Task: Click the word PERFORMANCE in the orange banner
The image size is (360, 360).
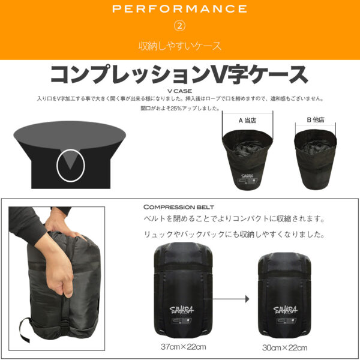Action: (x=179, y=9)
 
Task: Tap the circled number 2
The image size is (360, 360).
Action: (x=180, y=26)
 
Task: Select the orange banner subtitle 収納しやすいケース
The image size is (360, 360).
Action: (x=180, y=46)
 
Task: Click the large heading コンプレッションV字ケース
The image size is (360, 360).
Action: (x=179, y=74)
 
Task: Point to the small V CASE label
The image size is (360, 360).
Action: (x=180, y=91)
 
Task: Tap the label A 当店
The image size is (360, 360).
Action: (x=247, y=121)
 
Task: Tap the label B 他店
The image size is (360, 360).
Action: (x=316, y=119)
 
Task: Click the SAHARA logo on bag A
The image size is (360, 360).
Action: (x=247, y=176)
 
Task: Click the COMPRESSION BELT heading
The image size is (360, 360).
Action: (x=179, y=207)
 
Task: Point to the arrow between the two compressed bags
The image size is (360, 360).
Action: (x=226, y=299)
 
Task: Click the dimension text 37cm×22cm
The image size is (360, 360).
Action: (x=183, y=347)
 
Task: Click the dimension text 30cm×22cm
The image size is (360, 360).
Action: (x=284, y=348)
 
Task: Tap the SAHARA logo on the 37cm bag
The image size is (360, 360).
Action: (x=182, y=310)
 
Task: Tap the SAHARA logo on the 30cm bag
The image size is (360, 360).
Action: (x=285, y=310)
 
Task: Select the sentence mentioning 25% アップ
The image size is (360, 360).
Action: (x=180, y=108)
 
